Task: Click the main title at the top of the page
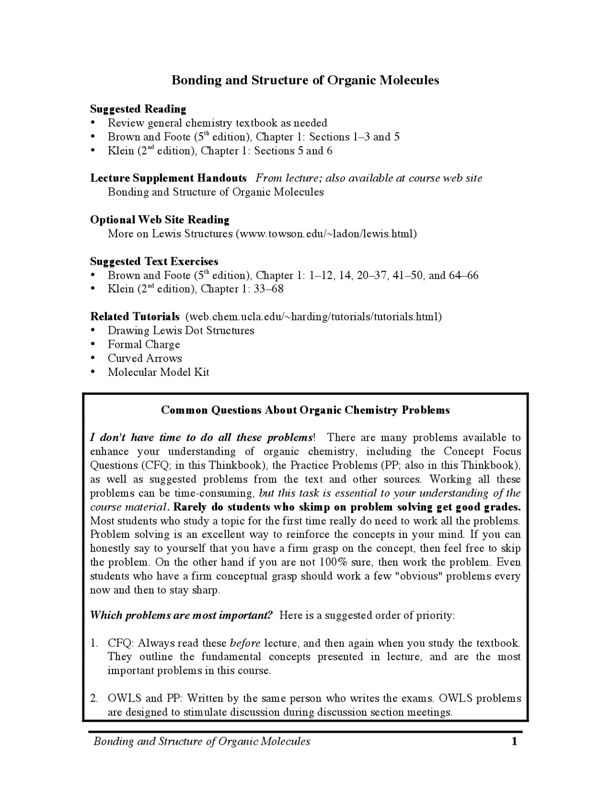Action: pos(305,80)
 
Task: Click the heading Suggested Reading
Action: pos(138,109)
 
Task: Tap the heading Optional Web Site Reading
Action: pos(159,220)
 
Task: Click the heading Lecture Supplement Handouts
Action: pos(169,178)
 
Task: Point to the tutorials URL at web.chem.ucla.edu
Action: pos(313,317)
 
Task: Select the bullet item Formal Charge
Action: pos(144,344)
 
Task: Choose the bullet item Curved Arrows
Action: pos(145,358)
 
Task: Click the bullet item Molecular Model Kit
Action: pos(158,372)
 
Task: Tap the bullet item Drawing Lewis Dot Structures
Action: pos(181,331)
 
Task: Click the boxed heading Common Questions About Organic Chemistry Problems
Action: pos(305,410)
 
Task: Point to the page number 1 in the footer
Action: pos(514,741)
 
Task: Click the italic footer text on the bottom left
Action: pos(201,741)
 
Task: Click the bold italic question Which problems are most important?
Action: pos(181,615)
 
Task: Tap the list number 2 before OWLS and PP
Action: pos(94,698)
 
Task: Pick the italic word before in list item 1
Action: pos(245,643)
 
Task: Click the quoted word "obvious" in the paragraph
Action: pos(419,576)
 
